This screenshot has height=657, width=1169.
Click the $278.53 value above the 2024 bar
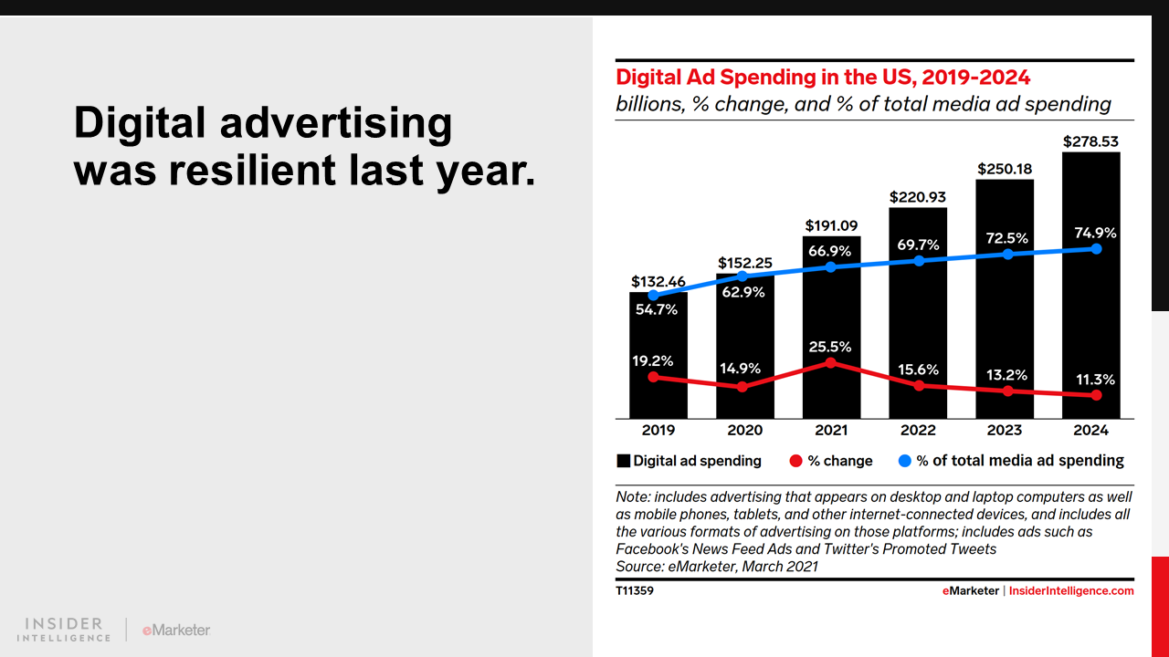point(1090,142)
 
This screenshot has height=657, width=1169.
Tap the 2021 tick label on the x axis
point(831,430)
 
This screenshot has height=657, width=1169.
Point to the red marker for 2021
point(831,362)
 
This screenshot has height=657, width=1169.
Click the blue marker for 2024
point(1096,248)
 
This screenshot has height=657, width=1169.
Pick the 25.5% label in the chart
point(830,347)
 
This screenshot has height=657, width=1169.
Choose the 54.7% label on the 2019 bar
point(657,309)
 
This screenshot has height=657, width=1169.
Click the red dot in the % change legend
point(795,462)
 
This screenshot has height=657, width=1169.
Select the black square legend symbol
point(624,462)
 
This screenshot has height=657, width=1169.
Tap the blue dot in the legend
point(904,462)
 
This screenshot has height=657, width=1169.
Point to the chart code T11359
point(635,591)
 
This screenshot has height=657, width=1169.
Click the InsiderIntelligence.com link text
point(1071,591)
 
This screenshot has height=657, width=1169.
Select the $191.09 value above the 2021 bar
point(831,225)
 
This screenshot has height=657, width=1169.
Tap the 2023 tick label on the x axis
point(1005,430)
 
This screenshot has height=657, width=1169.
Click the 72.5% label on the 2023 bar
point(1007,238)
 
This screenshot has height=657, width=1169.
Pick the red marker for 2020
point(742,387)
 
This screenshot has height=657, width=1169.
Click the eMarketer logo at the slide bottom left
point(176,630)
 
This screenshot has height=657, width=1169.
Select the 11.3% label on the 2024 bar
point(1095,380)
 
